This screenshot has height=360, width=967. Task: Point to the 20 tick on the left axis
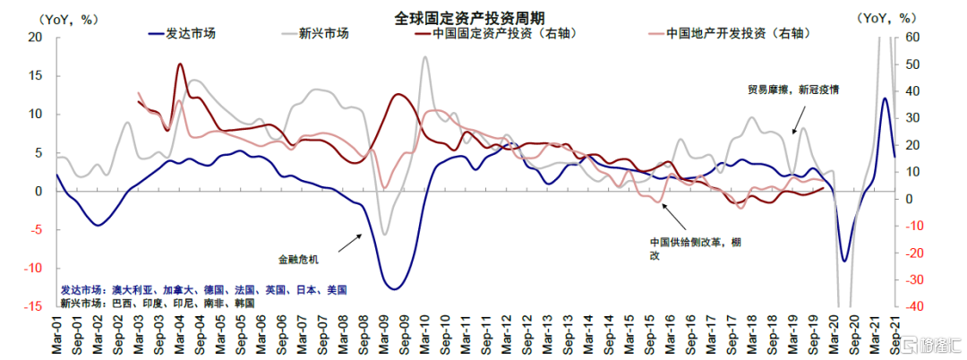click(x=35, y=38)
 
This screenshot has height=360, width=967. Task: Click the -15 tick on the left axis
click(x=33, y=307)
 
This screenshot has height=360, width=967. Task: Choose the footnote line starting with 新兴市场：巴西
click(x=158, y=304)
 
